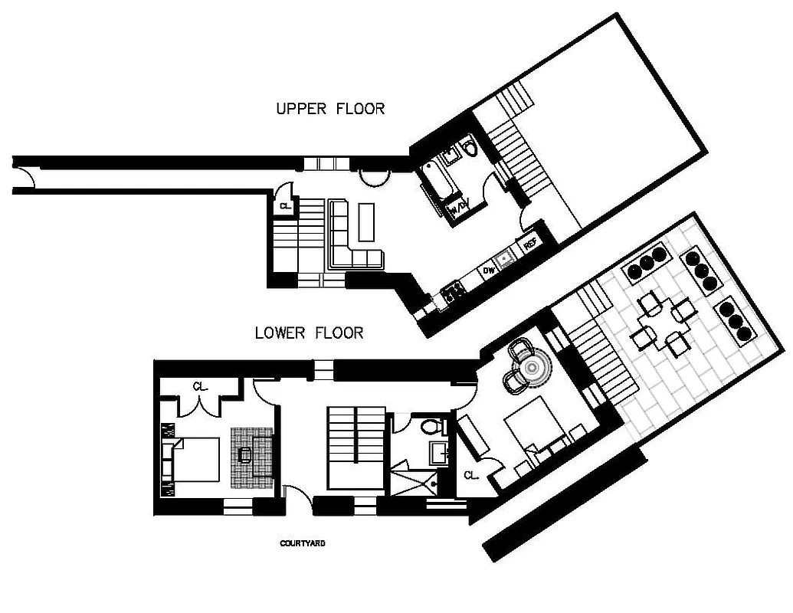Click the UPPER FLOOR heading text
tap(329, 109)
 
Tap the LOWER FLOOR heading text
tap(309, 333)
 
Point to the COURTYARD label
tap(303, 543)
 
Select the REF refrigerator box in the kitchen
tap(529, 245)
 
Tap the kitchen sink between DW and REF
tap(506, 259)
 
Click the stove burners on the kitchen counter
tap(451, 290)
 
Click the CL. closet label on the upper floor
tap(285, 206)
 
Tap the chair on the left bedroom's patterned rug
tap(246, 455)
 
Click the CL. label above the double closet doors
tap(201, 386)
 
